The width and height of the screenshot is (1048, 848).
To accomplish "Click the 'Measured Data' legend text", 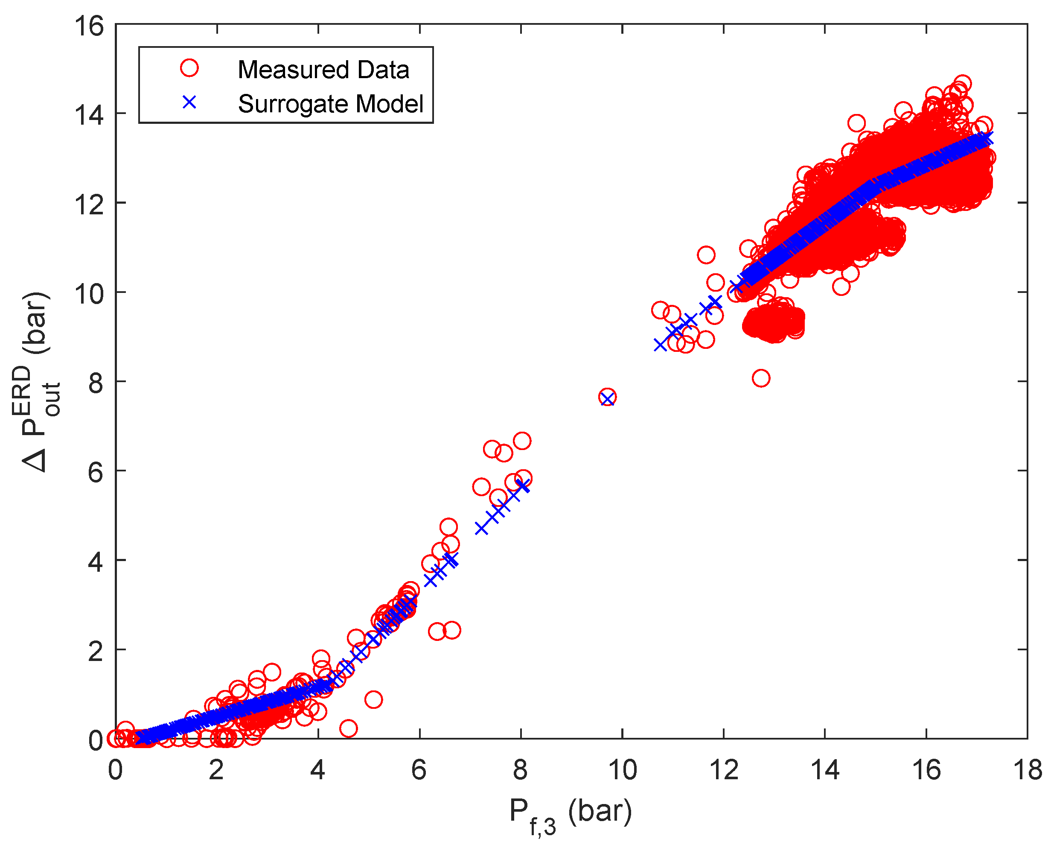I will tap(323, 70).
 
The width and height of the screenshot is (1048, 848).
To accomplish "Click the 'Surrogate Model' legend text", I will tap(330, 104).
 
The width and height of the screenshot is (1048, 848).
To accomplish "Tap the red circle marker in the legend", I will tap(189, 68).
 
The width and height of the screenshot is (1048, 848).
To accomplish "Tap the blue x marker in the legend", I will tap(189, 102).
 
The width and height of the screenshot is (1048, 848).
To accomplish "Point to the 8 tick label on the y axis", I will tap(96, 383).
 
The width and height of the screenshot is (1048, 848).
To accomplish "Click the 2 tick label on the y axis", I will tap(96, 652).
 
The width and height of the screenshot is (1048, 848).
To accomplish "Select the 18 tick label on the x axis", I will tap(1028, 771).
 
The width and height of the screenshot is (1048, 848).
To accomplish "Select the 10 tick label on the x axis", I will tap(623, 771).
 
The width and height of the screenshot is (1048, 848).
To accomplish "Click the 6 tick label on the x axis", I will tap(419, 771).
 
